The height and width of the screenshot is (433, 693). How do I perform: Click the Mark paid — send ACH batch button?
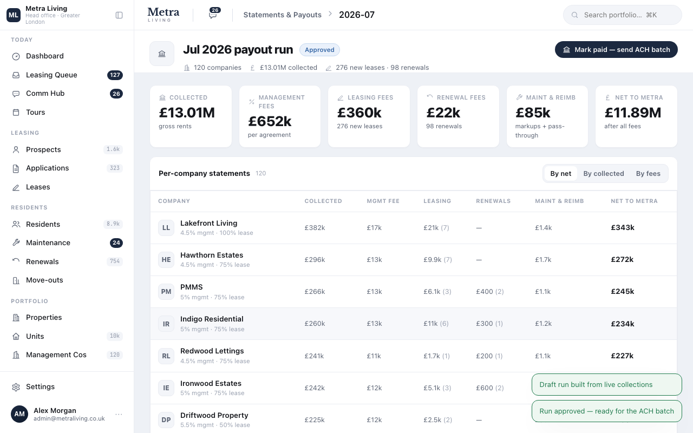coord(616,49)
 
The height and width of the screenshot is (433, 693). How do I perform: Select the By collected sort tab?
coord(603,174)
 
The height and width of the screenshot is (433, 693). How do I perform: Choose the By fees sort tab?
coord(648,174)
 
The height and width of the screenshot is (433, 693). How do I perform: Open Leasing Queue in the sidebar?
coord(51,75)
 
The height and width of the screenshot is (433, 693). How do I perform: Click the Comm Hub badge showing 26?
coord(116,94)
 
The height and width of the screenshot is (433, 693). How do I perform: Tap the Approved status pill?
coord(319,50)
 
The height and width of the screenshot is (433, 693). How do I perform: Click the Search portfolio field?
coord(622,15)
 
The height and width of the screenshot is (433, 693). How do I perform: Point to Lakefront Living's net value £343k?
coord(623,228)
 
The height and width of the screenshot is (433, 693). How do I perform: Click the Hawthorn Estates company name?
coord(212,255)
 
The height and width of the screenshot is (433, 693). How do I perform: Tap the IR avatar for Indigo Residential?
coord(166,324)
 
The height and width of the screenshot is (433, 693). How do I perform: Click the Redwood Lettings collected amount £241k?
coord(314,356)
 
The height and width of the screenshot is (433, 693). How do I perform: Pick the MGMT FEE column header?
coord(383,201)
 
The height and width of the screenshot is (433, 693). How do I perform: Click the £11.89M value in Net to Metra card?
coord(633,113)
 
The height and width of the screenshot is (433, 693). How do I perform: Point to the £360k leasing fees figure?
coord(359,113)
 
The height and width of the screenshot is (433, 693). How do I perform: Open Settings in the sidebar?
coord(40,386)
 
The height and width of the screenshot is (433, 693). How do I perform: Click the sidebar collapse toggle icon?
coord(119,15)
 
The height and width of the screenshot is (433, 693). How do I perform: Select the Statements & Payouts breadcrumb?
coord(282,15)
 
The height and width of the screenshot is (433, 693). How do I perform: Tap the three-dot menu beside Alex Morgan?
coord(119,414)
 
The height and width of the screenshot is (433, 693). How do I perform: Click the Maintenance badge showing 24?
coord(116,243)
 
